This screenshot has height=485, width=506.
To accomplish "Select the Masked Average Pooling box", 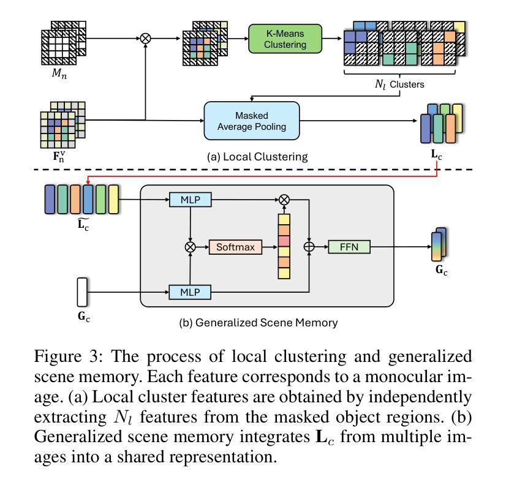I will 252,121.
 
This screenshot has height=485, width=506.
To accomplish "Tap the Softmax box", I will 236,247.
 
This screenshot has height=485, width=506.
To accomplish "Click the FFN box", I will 348,247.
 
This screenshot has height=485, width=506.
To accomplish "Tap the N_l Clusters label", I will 399,85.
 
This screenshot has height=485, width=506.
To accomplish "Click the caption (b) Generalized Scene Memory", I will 258,323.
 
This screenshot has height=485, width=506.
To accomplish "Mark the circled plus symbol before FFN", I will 310,247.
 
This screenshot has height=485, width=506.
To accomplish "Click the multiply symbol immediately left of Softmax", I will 190,247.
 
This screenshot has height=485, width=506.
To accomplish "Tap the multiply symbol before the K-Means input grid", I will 145,38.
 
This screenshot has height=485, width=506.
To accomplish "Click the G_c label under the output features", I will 441,269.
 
